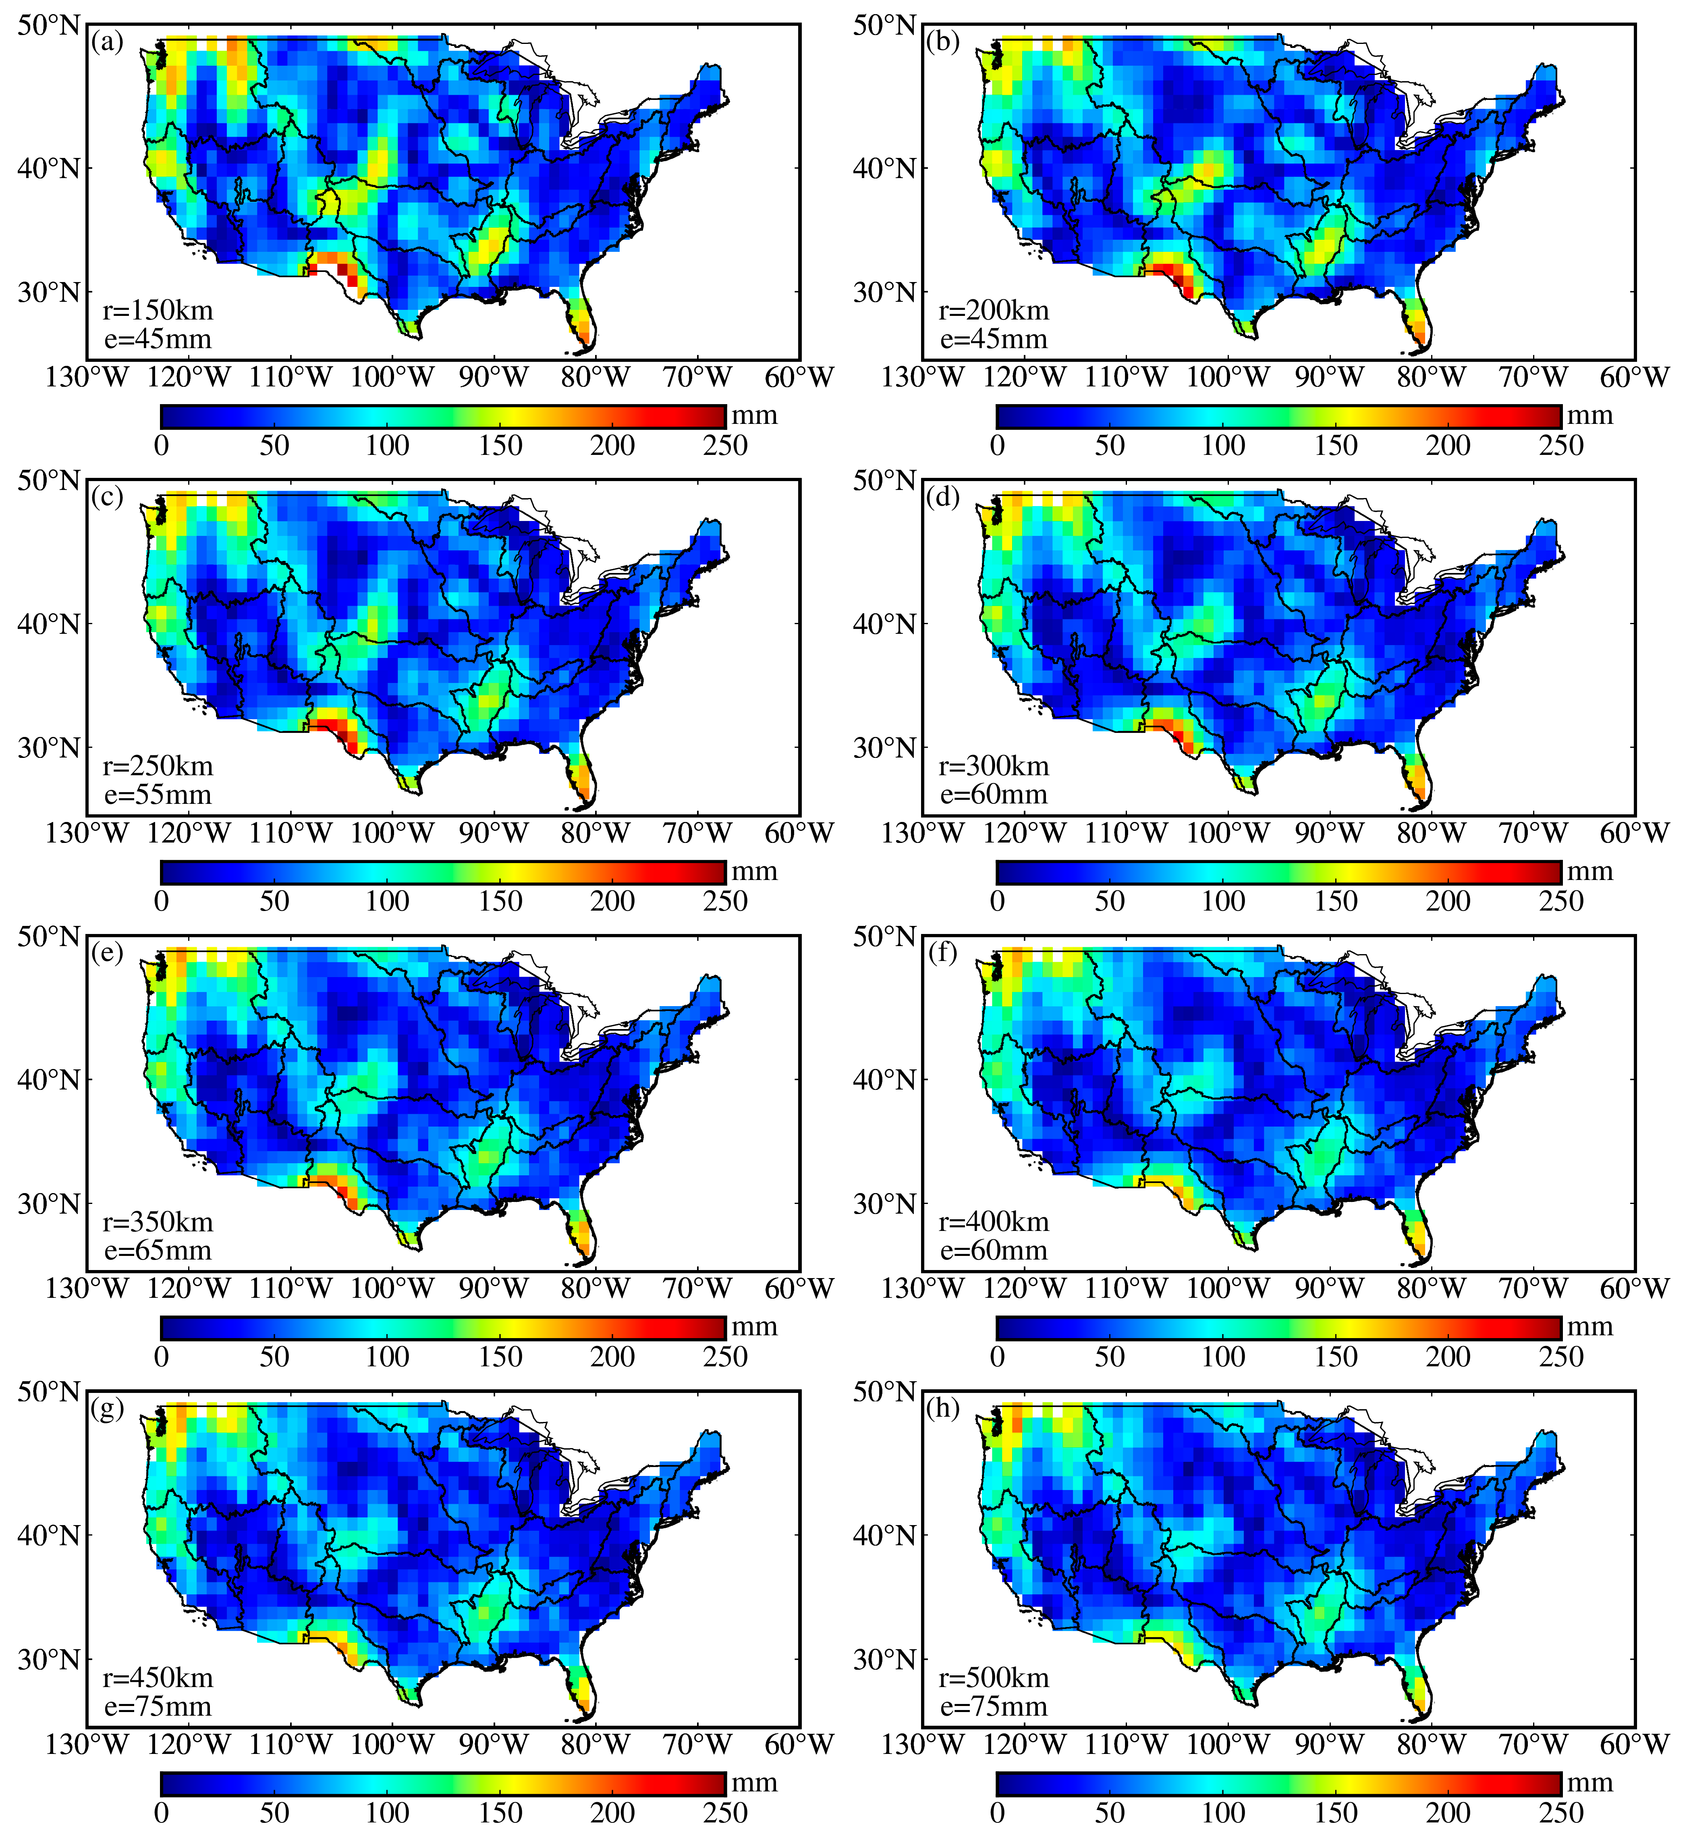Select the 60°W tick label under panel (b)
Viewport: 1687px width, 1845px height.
tap(1635, 377)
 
